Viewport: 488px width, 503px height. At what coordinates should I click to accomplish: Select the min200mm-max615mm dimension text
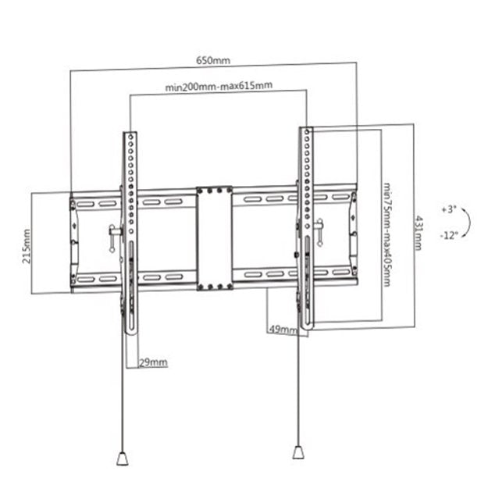pos(219,86)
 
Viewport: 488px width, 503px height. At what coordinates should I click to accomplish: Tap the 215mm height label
pos(27,246)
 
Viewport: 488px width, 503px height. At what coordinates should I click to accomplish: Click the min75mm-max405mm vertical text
pos(387,234)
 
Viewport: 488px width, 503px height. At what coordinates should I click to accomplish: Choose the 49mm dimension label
pos(283,330)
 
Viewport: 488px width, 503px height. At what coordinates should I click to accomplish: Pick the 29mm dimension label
pos(153,362)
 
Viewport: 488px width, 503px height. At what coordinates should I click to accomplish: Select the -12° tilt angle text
pos(447,235)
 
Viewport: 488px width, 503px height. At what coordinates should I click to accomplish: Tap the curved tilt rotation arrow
pos(465,223)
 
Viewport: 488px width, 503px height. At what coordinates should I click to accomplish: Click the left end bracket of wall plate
pos(73,243)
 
